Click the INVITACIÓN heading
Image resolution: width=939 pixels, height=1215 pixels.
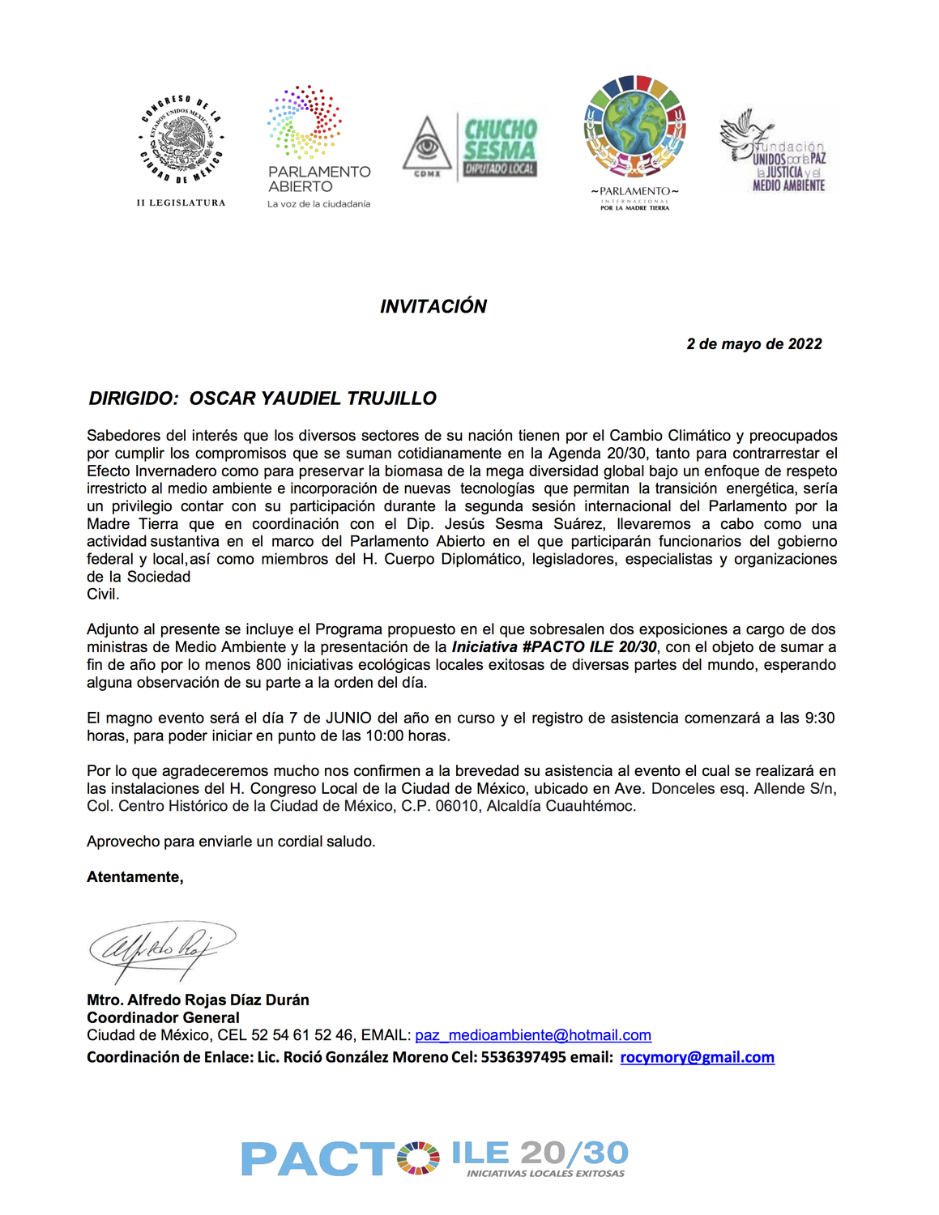(x=433, y=306)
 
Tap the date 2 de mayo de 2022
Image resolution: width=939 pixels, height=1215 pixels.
(x=753, y=344)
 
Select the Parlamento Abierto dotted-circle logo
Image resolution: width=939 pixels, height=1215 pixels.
(x=305, y=122)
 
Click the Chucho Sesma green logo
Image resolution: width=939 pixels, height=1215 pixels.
(x=500, y=146)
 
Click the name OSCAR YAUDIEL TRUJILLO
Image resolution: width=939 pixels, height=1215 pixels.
(x=313, y=399)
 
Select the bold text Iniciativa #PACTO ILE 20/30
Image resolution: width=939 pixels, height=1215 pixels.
(x=554, y=647)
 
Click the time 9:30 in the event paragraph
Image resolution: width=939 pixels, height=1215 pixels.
(x=819, y=718)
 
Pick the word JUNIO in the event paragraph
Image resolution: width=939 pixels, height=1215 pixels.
(x=348, y=718)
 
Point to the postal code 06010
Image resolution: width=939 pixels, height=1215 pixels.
(x=458, y=807)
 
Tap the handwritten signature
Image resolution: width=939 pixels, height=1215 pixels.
(x=162, y=946)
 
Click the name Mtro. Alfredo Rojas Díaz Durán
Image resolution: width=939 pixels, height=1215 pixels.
(x=198, y=1000)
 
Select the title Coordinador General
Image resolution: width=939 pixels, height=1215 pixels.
(x=163, y=1018)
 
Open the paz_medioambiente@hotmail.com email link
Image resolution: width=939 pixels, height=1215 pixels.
(x=533, y=1036)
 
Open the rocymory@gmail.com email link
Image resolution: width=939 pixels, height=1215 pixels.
(x=697, y=1058)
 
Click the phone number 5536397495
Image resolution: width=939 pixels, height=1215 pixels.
(x=523, y=1058)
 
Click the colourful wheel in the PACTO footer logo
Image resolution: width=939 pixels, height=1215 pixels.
(x=419, y=1157)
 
